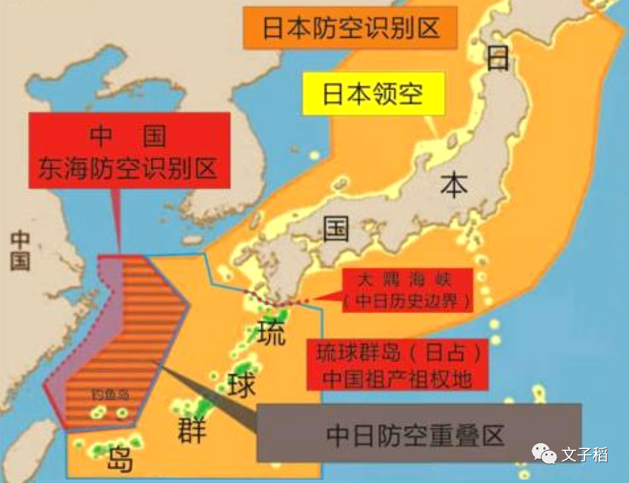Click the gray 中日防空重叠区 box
[418, 433]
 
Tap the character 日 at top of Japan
[498, 59]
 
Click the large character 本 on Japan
[453, 185]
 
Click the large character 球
[241, 386]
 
